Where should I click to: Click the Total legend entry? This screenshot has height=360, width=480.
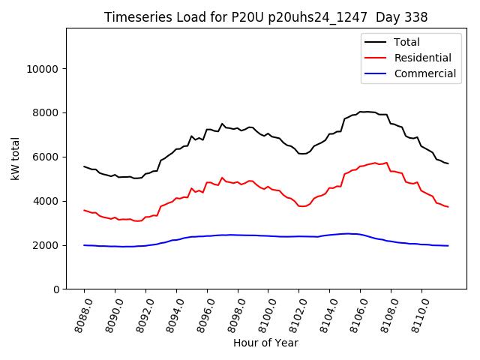tap(406, 42)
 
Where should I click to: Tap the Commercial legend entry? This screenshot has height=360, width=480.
tap(424, 73)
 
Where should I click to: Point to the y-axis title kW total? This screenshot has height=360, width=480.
tap(15, 158)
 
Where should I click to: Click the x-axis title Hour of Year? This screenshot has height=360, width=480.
tap(265, 343)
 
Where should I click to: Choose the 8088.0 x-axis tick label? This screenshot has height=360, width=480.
tap(75, 316)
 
